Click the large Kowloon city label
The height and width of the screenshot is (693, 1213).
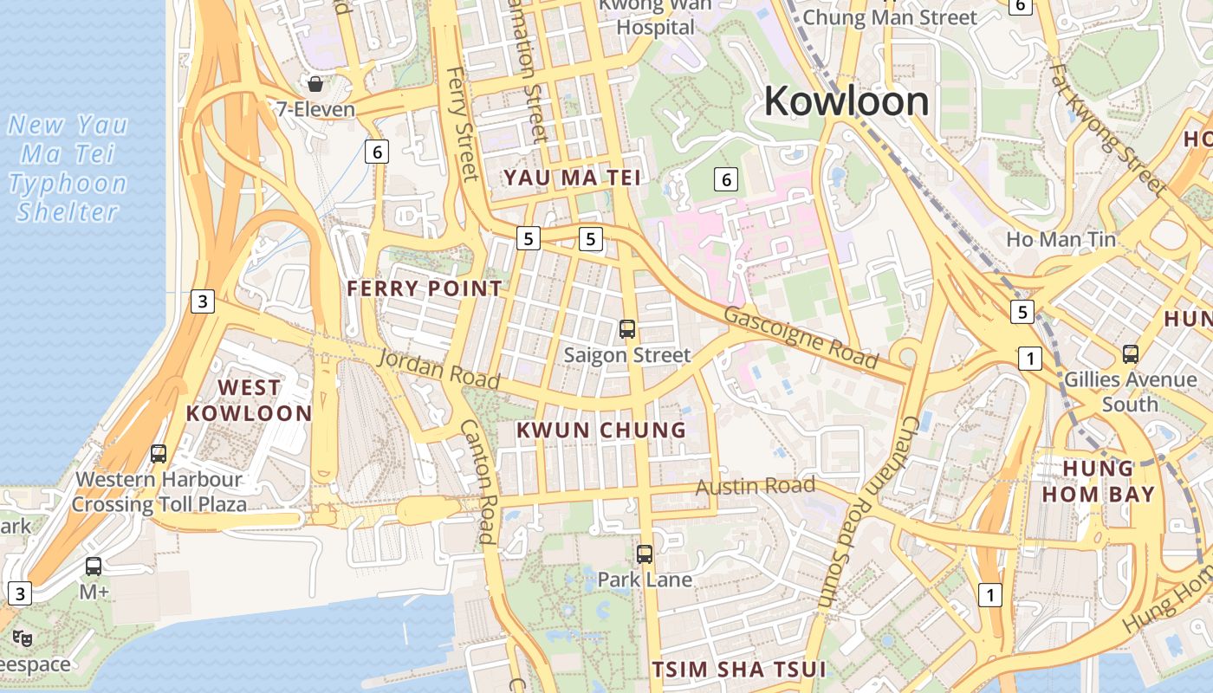tap(846, 101)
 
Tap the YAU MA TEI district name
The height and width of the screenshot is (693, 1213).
tap(573, 178)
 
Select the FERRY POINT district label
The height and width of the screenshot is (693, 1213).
tap(425, 288)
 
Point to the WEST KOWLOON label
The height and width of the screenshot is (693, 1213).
tap(249, 399)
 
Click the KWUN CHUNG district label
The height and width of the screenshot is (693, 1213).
tap(601, 430)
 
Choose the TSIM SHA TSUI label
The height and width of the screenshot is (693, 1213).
tap(738, 669)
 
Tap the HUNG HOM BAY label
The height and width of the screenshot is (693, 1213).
tap(1098, 481)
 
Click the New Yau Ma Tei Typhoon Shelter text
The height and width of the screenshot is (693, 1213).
tap(68, 168)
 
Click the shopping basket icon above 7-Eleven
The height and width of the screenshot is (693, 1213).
tap(315, 84)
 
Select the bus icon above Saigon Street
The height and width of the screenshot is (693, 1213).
tap(627, 329)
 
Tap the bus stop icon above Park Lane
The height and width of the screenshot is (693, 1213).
tap(645, 554)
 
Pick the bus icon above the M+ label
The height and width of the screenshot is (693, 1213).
tap(94, 567)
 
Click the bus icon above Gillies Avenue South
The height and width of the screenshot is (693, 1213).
tap(1131, 353)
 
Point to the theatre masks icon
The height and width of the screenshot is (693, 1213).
tap(23, 638)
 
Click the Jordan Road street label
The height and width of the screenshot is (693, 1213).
tap(439, 368)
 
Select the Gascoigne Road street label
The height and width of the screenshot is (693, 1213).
tap(801, 337)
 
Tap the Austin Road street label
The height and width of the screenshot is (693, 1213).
tap(755, 485)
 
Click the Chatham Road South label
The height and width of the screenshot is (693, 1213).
tap(866, 511)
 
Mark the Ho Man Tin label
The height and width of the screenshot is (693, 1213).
tap(1061, 238)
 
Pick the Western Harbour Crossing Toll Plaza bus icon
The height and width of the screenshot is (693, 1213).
tap(159, 453)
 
